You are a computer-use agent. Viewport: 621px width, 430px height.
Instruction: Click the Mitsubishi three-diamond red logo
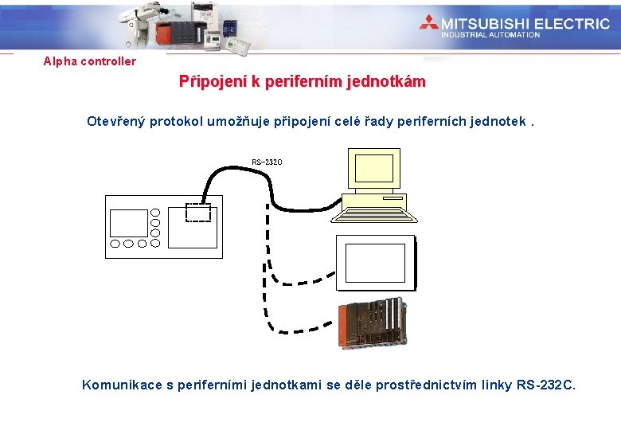point(429,23)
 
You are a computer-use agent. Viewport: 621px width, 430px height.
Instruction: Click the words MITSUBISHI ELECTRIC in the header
point(525,23)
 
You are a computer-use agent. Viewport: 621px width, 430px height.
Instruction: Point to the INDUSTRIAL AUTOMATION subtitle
point(490,35)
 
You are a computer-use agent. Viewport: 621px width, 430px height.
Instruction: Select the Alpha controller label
point(90,61)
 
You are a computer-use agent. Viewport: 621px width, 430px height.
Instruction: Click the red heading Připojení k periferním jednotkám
point(302,82)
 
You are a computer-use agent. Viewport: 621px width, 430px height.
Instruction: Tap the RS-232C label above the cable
point(267,162)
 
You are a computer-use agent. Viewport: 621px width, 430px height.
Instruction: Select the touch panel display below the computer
point(375,263)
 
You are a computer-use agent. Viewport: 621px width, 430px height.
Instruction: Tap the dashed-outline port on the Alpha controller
point(198,212)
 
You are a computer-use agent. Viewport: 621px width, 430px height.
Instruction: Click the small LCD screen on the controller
point(129,223)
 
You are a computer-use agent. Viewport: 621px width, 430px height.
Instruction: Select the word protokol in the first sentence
point(179,122)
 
